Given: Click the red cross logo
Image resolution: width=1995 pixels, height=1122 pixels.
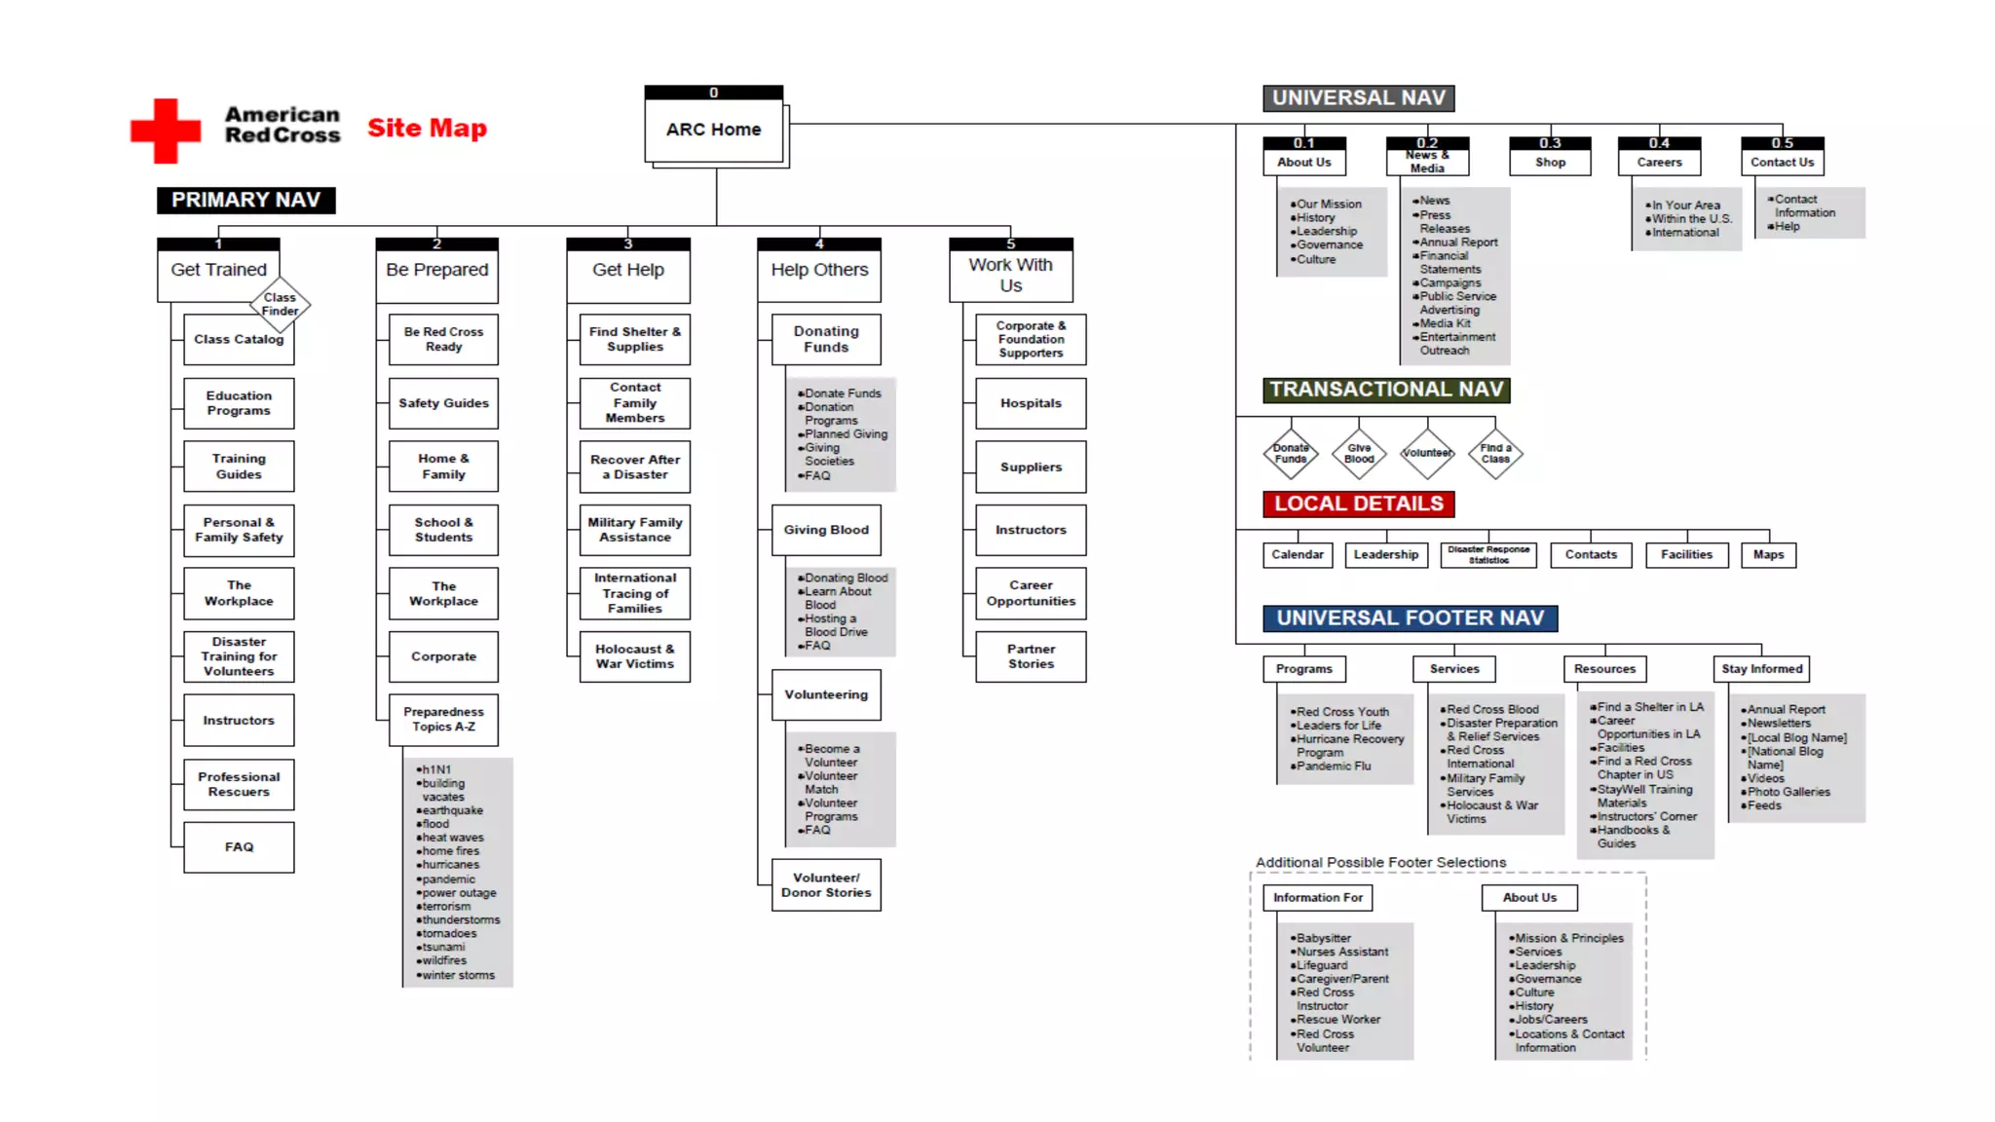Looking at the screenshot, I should coord(166,130).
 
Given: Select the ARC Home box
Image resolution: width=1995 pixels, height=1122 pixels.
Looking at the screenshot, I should coord(714,130).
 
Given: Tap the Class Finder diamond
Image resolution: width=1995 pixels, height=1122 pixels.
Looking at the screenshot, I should coord(280,305).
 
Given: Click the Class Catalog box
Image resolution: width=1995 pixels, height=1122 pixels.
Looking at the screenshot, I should coord(238,340).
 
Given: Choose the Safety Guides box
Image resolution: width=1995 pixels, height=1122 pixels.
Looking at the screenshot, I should coord(443,403).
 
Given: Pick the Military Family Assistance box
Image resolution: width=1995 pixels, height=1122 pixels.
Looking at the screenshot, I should coord(635,530).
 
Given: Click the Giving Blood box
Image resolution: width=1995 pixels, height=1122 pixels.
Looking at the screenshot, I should coord(826,530).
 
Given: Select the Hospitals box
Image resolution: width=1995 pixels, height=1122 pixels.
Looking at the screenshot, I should coord(1031,403).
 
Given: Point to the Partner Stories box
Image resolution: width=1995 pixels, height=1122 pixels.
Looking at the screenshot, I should coord(1031,656).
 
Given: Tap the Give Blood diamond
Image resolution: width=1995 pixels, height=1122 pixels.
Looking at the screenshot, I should coord(1359,454).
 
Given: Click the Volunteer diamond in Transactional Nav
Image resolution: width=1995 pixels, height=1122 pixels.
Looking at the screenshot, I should coord(1427,454).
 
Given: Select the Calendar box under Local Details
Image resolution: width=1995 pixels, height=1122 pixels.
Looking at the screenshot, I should coord(1298,555).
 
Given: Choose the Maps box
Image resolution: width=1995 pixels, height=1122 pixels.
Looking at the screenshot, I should coord(1768,555).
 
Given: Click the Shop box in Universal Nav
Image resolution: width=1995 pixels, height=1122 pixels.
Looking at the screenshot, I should coord(1550,162).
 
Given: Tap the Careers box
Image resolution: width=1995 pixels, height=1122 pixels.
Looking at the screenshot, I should coord(1659,162).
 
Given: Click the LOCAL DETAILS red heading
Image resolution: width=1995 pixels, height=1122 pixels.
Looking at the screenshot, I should coord(1359,504).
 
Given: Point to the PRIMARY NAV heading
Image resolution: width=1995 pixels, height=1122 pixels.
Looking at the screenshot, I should coord(245,200).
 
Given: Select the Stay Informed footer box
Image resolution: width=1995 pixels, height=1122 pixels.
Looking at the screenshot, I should coord(1761,669).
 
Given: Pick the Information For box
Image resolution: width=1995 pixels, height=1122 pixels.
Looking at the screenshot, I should coord(1318,898).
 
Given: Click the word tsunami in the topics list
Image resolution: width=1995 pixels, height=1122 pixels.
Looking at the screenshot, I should coord(444,947).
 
